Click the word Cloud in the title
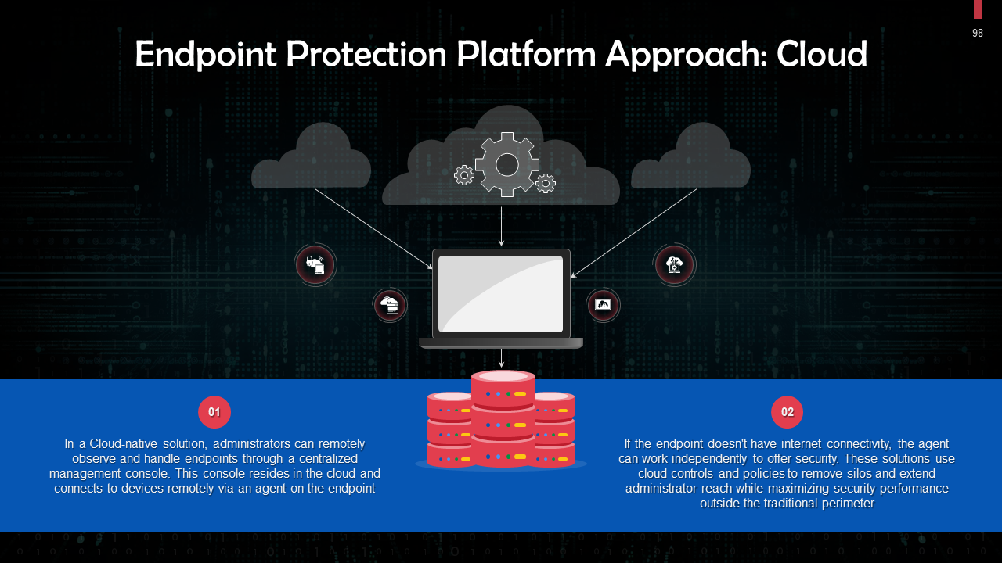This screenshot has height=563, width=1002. (821, 54)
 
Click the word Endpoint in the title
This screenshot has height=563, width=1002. (205, 54)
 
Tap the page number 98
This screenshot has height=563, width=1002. (978, 33)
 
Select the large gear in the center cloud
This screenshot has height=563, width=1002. (507, 164)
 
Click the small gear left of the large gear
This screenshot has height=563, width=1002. (464, 175)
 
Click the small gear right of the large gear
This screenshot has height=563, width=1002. (546, 184)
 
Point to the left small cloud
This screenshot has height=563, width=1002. (312, 160)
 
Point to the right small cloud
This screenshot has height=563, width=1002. (691, 160)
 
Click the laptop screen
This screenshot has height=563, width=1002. (500, 293)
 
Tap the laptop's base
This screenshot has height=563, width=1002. (501, 342)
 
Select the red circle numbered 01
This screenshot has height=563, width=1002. (214, 412)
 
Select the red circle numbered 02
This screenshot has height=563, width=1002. (788, 412)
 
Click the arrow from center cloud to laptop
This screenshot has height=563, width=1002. (502, 227)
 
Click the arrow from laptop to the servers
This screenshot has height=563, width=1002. (502, 358)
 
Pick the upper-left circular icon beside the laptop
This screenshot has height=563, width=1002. (315, 265)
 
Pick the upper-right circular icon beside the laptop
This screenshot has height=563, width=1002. (675, 265)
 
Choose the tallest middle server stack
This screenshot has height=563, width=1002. (503, 418)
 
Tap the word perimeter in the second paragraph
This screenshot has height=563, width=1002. (846, 504)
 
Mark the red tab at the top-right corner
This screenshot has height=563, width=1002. (978, 9)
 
